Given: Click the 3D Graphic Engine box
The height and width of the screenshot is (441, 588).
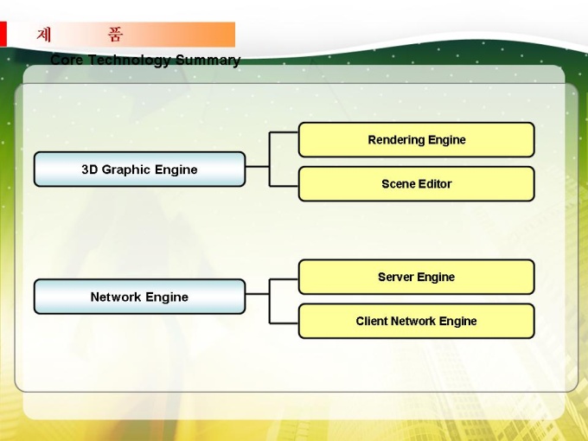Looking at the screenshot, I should tap(139, 169).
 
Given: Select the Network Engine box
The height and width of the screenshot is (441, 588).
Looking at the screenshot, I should tap(139, 297).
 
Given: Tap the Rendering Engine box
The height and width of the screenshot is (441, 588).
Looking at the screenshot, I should tap(416, 139).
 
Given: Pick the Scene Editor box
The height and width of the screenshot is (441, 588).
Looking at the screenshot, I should tap(416, 183).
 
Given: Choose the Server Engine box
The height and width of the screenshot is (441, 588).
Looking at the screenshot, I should tap(416, 277).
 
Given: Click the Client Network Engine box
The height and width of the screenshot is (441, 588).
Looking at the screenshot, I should tap(416, 321).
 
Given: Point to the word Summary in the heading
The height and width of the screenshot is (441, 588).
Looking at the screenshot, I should tap(208, 61).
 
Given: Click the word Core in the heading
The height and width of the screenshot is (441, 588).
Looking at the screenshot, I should tap(67, 61).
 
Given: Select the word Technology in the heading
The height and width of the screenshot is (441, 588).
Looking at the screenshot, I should tap(130, 61).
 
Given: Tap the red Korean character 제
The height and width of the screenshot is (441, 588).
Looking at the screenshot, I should tap(44, 35).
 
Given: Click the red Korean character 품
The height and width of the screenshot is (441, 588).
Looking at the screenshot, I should tap(115, 35).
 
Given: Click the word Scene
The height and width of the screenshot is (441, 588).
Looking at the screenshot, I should tap(399, 183).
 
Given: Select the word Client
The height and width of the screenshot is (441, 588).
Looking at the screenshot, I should tap(373, 321).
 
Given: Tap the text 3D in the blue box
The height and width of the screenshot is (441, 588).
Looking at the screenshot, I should tap(90, 169).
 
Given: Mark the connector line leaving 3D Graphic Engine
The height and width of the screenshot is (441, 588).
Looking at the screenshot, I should tap(258, 164).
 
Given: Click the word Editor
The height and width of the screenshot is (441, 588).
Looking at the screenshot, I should tap(435, 183).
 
